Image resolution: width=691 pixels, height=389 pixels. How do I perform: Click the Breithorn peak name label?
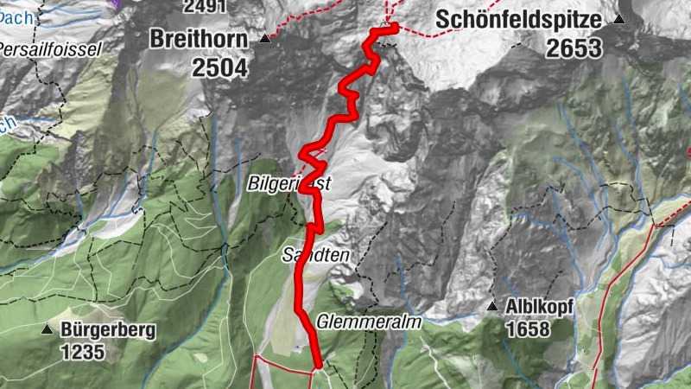click(198, 39)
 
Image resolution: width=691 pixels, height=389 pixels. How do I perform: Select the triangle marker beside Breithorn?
click(265, 39)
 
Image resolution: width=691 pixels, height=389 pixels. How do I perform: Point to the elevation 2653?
click(574, 48)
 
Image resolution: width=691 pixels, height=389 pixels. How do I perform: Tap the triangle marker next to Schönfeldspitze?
click(618, 18)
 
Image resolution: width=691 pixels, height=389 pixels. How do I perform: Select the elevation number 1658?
click(528, 329)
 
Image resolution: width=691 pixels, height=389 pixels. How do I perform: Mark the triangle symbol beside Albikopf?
click(491, 306)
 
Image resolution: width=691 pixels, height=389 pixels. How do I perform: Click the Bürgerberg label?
click(107, 329)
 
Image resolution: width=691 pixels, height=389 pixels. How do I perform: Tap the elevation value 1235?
click(82, 352)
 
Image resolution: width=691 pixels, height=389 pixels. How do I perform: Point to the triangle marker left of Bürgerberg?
click(47, 329)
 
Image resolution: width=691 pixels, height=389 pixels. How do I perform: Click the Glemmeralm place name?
click(368, 321)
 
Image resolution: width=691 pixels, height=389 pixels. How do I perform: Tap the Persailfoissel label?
click(50, 48)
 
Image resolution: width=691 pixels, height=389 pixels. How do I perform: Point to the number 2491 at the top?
click(205, 6)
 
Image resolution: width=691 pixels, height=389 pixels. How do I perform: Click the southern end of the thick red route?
click(317, 365)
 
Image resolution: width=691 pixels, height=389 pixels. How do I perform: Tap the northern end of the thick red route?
click(393, 29)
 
